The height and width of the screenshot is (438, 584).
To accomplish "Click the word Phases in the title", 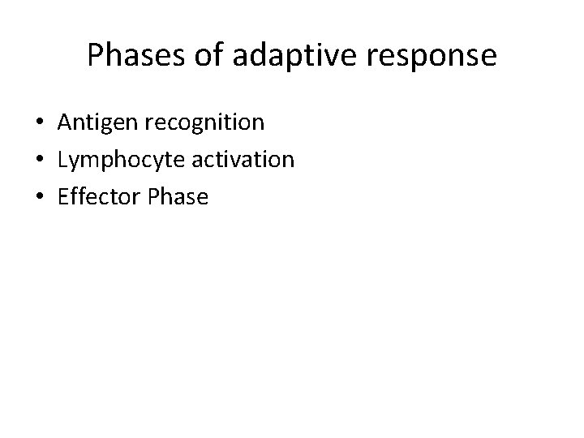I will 135,55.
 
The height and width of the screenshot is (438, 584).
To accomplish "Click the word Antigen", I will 97,123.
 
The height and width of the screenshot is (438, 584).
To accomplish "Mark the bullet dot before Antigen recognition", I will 39,123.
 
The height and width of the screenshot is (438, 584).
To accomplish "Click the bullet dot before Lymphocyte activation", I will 39,160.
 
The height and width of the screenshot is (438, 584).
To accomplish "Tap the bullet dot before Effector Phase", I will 39,196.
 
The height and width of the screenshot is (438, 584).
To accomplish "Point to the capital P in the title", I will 96,55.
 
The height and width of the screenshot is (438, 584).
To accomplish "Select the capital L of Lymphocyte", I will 62,159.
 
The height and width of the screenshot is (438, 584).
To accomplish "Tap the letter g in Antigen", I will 109,126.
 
